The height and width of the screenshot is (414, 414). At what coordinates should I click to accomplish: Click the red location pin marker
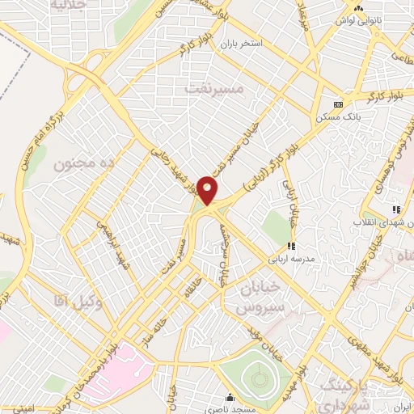click(208, 191)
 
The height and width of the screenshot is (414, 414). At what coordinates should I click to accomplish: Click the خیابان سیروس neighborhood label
click(261, 298)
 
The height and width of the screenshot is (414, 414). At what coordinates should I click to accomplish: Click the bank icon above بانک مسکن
click(338, 104)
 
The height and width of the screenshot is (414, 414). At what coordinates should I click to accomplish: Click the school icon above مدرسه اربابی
click(291, 245)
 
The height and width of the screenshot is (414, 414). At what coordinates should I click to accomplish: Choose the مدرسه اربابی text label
click(300, 260)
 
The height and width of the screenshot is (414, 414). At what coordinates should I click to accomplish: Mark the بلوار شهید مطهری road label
click(374, 350)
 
